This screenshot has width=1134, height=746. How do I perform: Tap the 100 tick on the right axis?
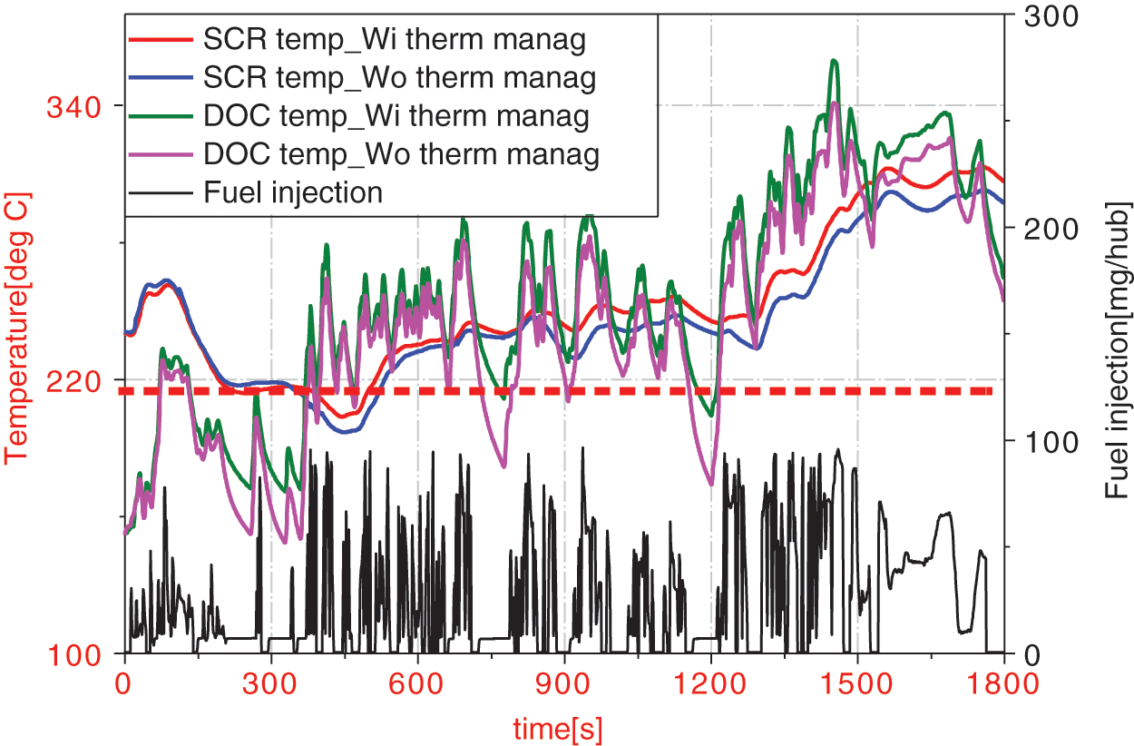point(1043,441)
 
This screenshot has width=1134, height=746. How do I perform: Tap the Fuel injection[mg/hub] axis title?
point(1117,348)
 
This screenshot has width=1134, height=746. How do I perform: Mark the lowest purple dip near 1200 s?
point(711,484)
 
